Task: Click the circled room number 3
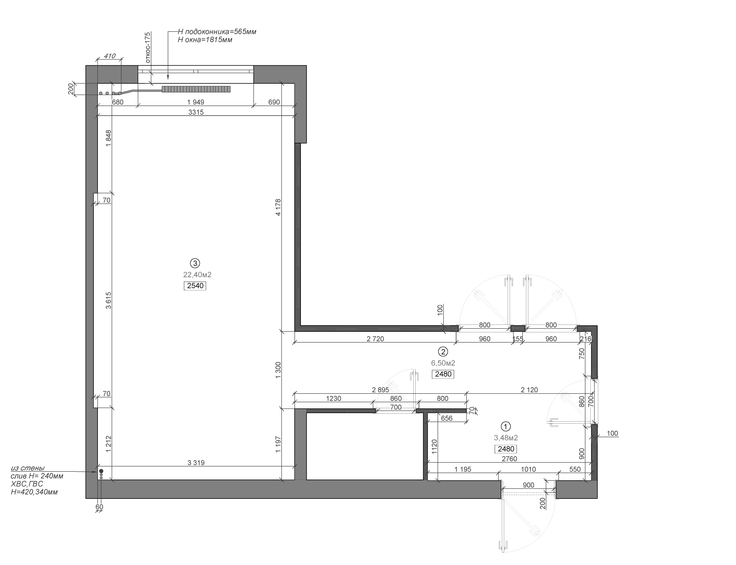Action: [x=195, y=263]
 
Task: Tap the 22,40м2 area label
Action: [x=197, y=275]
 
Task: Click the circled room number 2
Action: [x=443, y=352]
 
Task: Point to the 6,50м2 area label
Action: [x=443, y=363]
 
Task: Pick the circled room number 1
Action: [x=506, y=427]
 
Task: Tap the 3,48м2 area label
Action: [x=506, y=438]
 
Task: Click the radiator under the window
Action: [x=196, y=89]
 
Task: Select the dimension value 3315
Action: [x=196, y=112]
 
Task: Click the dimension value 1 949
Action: [x=195, y=102]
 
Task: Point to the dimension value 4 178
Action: [x=278, y=208]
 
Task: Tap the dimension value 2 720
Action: [x=375, y=339]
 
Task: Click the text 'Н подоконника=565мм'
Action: [x=217, y=31]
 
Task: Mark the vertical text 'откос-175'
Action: [x=147, y=48]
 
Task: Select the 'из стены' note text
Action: [x=28, y=468]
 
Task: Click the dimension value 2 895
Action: [x=380, y=390]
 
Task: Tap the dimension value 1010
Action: [x=528, y=469]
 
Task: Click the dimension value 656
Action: [x=446, y=418]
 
